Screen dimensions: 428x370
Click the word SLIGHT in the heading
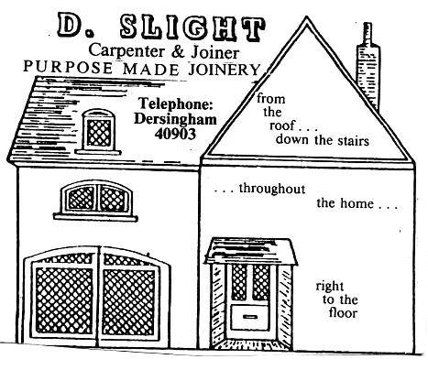(x=192, y=28)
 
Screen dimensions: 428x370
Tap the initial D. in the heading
(x=72, y=25)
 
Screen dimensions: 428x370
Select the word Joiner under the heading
(x=215, y=52)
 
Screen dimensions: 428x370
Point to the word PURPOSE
(x=68, y=67)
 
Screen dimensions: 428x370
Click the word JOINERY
(x=225, y=70)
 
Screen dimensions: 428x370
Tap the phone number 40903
(x=175, y=134)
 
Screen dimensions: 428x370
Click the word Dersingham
(x=175, y=119)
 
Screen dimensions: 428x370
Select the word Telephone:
(x=176, y=104)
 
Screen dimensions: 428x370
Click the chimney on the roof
(x=368, y=67)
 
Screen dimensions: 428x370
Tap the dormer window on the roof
(x=98, y=132)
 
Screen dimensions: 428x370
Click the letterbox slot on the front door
(x=250, y=316)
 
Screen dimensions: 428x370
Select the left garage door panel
(x=62, y=297)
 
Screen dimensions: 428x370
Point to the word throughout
(x=272, y=189)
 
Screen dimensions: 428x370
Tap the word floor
(x=343, y=313)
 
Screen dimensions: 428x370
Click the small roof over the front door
(x=250, y=251)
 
